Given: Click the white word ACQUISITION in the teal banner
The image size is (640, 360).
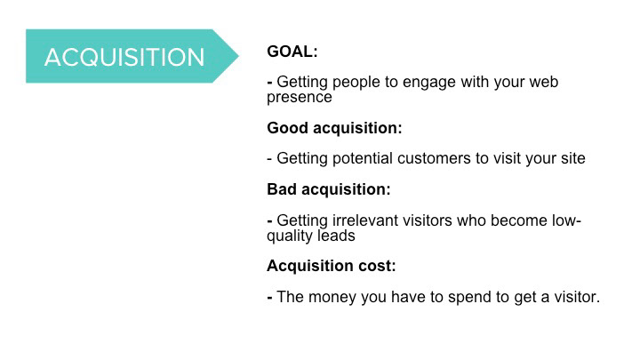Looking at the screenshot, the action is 124,57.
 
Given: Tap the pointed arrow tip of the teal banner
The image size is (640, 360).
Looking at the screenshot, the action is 239,56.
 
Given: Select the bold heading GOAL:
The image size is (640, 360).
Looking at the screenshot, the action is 292,52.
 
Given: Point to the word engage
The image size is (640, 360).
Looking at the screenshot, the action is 429,83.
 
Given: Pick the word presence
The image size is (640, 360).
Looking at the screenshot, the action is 300,98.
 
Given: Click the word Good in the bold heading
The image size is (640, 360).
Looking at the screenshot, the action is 287,128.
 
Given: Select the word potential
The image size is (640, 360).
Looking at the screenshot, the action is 363,159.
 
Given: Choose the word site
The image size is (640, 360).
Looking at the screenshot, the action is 573,158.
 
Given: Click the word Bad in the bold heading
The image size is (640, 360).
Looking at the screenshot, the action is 282,189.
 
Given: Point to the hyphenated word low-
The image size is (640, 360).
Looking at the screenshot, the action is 566,220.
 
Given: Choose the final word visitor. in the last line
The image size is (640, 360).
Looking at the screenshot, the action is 577,297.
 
